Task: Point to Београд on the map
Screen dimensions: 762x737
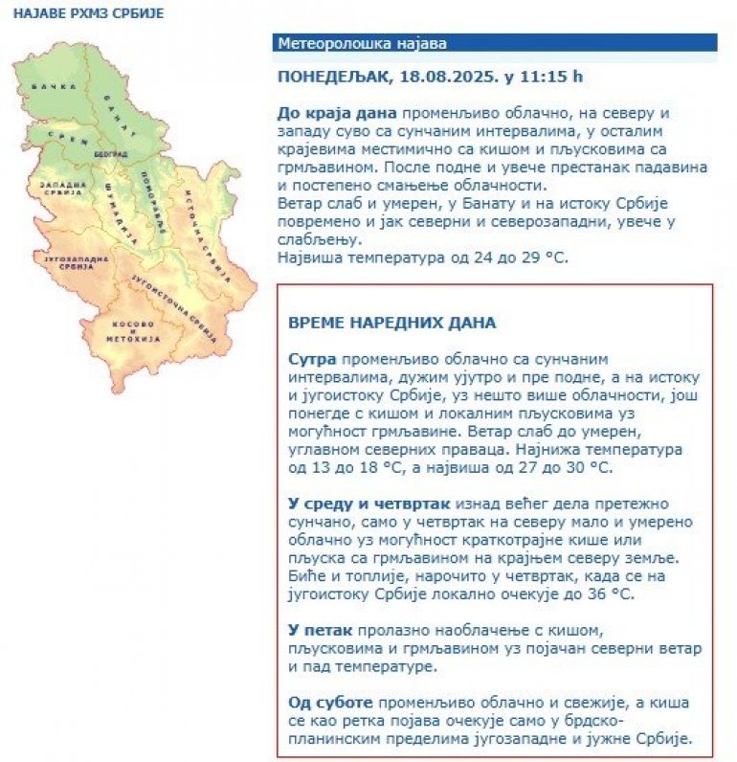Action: coord(111,153)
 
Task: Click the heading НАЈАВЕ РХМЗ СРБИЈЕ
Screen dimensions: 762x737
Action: coord(88,14)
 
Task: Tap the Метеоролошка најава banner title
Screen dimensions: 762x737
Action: coord(362,43)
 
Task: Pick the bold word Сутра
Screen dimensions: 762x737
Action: coord(312,358)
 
